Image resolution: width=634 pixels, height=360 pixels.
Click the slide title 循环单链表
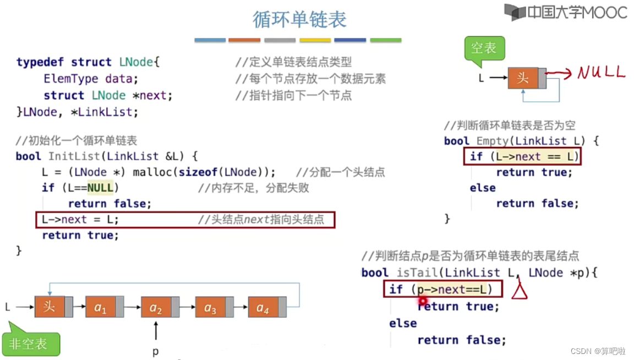click(x=300, y=19)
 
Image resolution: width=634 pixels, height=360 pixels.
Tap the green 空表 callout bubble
click(x=484, y=48)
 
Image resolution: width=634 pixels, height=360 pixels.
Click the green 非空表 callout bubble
click(x=29, y=344)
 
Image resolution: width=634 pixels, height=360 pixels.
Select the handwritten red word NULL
click(x=601, y=72)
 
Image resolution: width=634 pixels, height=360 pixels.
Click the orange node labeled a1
click(x=101, y=307)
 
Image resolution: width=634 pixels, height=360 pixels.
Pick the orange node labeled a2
click(x=156, y=307)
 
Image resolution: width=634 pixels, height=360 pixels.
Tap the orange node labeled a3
click(x=211, y=307)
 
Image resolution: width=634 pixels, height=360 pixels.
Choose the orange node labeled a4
click(x=263, y=307)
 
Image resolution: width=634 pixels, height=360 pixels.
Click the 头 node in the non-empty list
click(x=50, y=306)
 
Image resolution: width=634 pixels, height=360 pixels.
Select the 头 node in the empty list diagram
click(x=523, y=78)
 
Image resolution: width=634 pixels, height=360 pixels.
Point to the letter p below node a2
click(x=156, y=351)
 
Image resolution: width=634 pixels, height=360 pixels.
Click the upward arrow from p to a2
click(x=156, y=331)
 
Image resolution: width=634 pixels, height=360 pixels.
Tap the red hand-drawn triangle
click(x=519, y=290)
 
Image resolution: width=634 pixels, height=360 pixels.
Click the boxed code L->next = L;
click(x=80, y=220)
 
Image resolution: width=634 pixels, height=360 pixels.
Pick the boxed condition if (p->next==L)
click(x=439, y=289)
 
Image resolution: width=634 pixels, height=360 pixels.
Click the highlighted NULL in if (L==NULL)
click(x=100, y=188)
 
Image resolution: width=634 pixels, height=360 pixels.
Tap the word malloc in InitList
click(x=152, y=172)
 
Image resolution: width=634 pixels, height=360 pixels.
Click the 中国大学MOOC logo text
click(x=577, y=12)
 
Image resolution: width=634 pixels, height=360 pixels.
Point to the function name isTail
click(x=418, y=272)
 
